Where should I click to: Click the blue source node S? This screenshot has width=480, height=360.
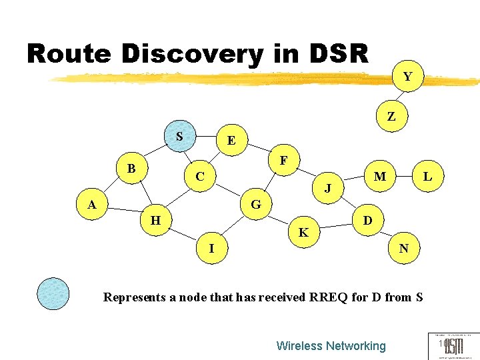tap(179, 137)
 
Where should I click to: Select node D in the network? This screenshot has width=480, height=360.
tap(367, 220)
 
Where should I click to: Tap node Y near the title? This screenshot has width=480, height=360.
tap(407, 76)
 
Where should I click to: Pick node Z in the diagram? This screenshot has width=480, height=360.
tap(391, 116)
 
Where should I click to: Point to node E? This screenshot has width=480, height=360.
tap(231, 141)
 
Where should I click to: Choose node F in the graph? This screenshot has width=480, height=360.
tap(284, 161)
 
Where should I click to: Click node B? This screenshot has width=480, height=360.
tap(132, 169)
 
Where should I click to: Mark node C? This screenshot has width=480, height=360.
tap(199, 177)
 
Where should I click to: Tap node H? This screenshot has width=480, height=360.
tap(155, 219)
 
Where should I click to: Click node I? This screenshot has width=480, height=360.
tap(211, 249)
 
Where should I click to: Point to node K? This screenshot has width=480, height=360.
tap(303, 233)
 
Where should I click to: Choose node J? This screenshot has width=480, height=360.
tap(327, 188)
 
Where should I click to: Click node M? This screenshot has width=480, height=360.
tap(380, 177)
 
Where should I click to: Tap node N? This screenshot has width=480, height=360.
tap(404, 249)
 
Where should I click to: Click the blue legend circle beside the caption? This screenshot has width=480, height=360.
tap(53, 293)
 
